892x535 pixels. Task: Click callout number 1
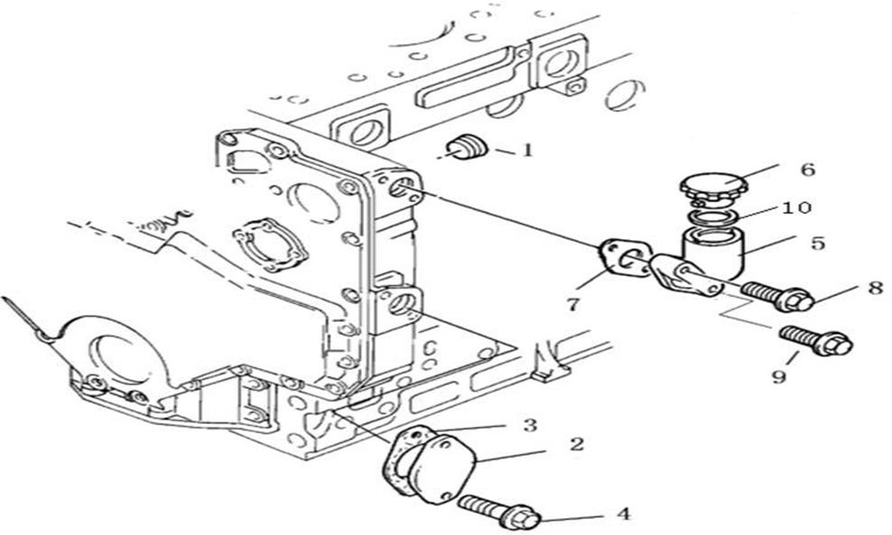(528, 150)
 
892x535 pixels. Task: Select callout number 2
(578, 444)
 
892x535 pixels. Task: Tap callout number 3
(530, 425)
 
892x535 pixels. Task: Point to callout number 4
(624, 514)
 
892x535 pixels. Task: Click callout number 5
(817, 243)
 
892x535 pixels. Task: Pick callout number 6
(808, 169)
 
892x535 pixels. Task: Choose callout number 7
(573, 304)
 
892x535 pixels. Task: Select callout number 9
(779, 375)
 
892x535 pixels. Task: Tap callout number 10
(796, 208)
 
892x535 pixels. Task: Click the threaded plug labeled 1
(468, 148)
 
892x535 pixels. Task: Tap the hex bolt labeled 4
(499, 510)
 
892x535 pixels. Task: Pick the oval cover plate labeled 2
(442, 468)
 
